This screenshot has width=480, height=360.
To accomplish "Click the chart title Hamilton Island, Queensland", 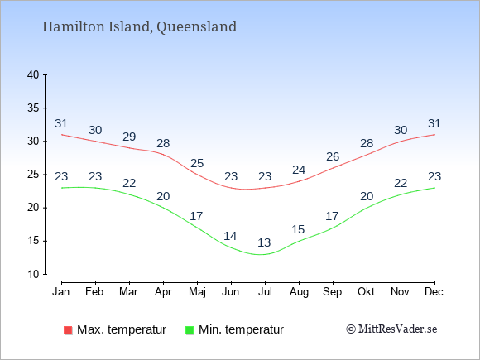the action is click(139, 26).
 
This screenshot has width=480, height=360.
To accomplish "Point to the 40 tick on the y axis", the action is click(33, 74).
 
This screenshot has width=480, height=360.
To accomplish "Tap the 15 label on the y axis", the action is click(33, 241).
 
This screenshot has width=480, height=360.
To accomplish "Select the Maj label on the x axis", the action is click(197, 292).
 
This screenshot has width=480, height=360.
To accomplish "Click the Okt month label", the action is click(366, 292).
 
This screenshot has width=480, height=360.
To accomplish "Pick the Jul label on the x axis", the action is click(265, 292).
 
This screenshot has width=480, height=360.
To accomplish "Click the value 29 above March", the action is click(129, 137).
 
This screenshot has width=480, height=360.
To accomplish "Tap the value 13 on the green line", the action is click(264, 242).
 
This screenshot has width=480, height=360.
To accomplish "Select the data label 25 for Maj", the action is click(197, 163).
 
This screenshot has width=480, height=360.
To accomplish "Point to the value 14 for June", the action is click(230, 236).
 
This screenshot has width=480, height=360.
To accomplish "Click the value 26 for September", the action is click(333, 156).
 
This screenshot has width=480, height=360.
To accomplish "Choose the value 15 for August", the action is click(298, 229).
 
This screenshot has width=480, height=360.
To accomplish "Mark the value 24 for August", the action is click(299, 170).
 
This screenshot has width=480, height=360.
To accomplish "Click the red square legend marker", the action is click(68, 330).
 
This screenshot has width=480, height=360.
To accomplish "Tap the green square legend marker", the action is click(190, 330).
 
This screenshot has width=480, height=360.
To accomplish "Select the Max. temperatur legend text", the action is click(122, 329).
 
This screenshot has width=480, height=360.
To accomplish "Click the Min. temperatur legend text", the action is click(241, 329).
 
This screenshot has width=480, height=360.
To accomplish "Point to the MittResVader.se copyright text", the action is click(391, 329).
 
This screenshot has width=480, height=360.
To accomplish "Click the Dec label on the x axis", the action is click(434, 292).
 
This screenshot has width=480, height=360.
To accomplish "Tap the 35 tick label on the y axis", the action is click(33, 108).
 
